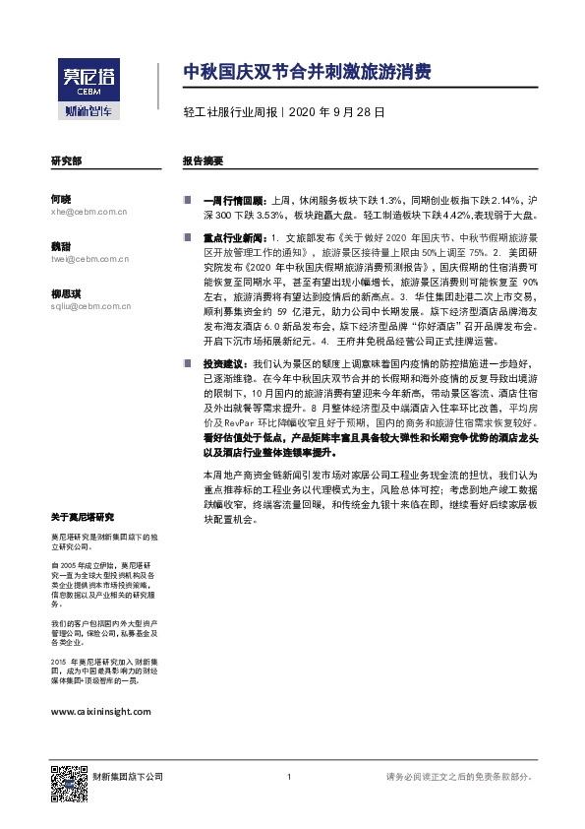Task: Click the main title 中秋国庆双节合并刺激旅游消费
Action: pos(307,73)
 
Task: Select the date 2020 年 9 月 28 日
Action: pos(335,113)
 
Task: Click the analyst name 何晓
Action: pos(61,197)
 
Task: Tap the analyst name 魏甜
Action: pos(61,245)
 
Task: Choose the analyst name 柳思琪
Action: pos(65,293)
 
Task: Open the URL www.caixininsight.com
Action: pos(100,711)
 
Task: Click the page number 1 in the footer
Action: pos(289,778)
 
